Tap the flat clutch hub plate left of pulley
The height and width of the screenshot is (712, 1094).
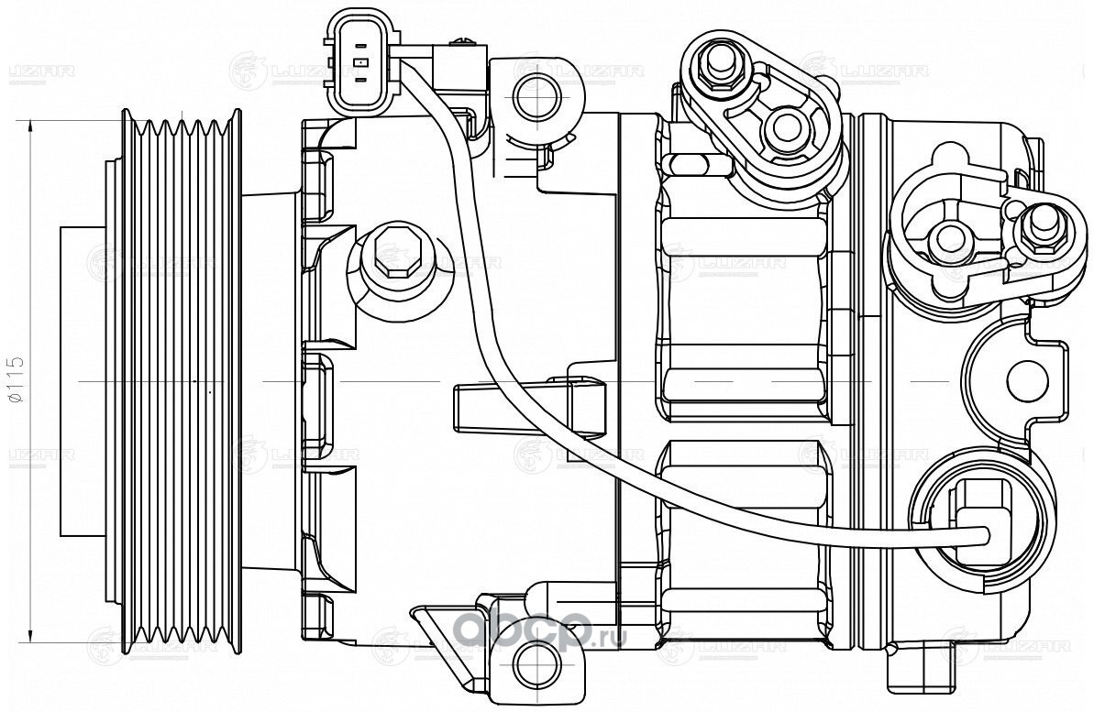[82, 379]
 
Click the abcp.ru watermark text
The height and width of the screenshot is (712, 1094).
[541, 632]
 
